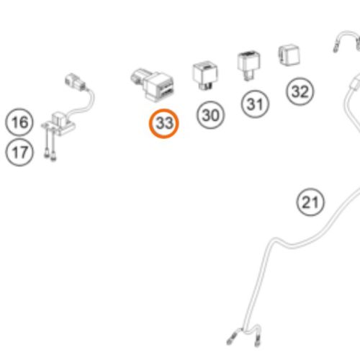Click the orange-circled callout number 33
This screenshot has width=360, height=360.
coord(164,123)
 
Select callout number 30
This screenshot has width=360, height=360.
coord(210,115)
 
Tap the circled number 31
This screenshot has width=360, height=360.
coord(255,104)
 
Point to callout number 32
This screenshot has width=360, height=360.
coord(300,91)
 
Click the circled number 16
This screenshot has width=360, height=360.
coord(19,122)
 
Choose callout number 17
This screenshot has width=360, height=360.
coord(19,152)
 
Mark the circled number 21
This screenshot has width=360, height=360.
coord(310,202)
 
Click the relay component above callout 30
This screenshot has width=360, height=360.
coord(205,75)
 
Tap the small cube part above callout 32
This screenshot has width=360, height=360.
coord(289,55)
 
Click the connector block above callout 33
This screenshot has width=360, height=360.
coord(153,84)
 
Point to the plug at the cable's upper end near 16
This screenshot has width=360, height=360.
coord(75,81)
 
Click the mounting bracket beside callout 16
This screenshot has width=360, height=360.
coord(59,124)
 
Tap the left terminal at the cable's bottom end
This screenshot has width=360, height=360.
coord(233,337)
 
